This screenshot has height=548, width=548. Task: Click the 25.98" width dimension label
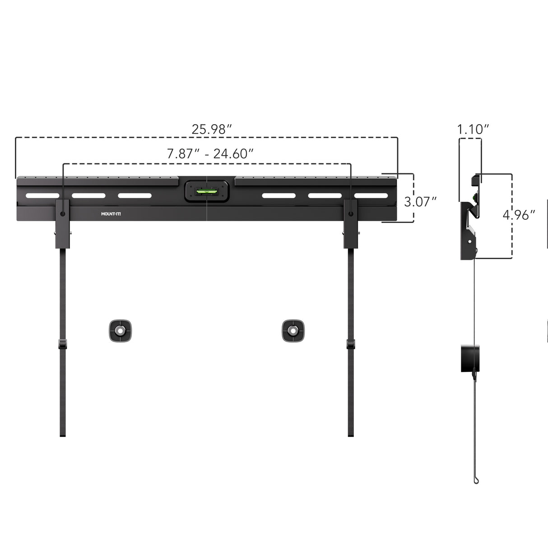click(211, 129)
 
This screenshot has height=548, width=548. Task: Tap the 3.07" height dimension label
click(420, 202)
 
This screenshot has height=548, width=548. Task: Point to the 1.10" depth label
click(473, 130)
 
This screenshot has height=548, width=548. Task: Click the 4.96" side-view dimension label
click(519, 215)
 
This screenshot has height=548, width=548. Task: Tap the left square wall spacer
click(120, 331)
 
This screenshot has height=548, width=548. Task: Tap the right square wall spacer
click(293, 331)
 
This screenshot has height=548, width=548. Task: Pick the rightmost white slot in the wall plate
click(371, 196)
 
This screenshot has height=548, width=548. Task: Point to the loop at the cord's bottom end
click(476, 480)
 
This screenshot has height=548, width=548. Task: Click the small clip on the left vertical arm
click(62, 344)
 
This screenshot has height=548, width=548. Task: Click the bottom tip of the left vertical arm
click(63, 434)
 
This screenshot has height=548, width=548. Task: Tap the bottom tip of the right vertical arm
click(351, 434)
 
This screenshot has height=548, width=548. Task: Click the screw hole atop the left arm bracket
click(62, 213)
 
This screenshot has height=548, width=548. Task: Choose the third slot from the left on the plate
click(135, 196)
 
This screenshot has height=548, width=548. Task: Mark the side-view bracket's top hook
click(476, 180)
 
